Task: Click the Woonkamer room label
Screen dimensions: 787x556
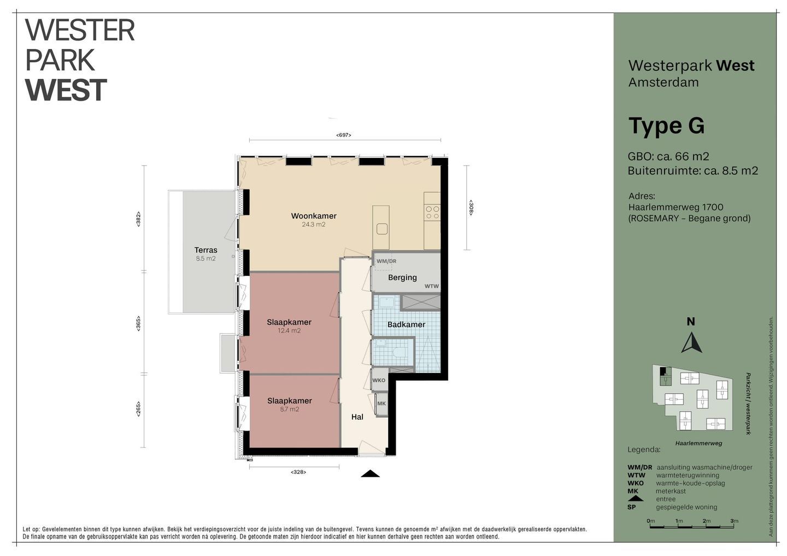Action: pos(314,216)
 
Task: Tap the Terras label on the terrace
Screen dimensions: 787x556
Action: pos(206,250)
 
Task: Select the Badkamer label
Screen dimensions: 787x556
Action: pos(406,324)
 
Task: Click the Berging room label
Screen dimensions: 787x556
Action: pos(402,277)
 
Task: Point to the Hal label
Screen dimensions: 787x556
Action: pos(357,417)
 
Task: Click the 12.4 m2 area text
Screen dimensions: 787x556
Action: pos(289,330)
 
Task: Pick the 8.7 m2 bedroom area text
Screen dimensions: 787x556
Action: pos(290,409)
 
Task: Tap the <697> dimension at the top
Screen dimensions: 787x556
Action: pos(344,135)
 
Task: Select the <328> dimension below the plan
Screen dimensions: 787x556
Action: pos(298,472)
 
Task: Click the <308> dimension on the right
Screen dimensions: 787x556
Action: pos(471,208)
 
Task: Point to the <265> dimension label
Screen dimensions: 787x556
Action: pos(138,409)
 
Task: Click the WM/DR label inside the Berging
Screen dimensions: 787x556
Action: pos(386,261)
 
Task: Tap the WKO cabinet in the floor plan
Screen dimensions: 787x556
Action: pos(379,380)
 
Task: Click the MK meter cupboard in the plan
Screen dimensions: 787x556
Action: pos(381,404)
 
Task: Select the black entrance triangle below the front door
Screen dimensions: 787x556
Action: pos(371,474)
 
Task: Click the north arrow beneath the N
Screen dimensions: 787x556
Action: pos(691,344)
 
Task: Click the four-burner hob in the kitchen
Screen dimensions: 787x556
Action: pos(432,212)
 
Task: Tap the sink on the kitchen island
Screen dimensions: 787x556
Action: pos(382,229)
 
